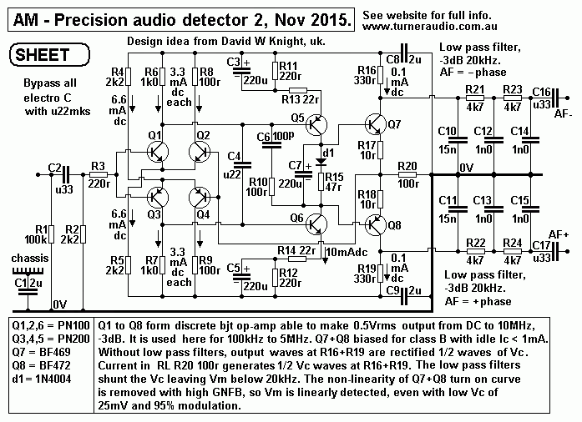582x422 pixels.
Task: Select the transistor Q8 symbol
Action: click(377, 226)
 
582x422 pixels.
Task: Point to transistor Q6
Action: click(316, 225)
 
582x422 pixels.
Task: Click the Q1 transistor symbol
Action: click(156, 150)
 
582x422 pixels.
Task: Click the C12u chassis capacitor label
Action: click(30, 284)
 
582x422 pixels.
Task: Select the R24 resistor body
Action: click(513, 251)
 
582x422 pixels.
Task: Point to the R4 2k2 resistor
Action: click(129, 78)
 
